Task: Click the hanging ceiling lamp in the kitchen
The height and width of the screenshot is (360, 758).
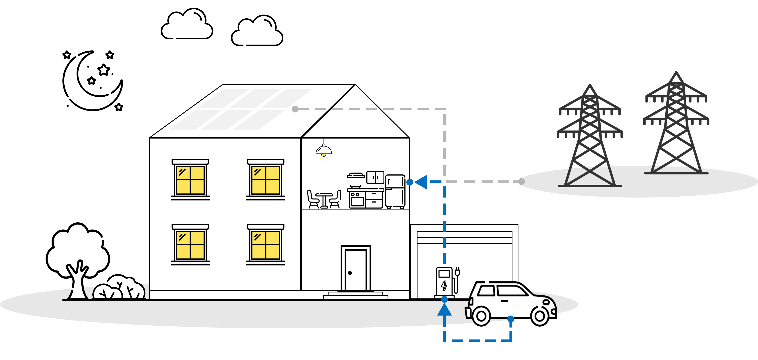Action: [324, 150]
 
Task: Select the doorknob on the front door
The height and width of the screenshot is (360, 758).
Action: [350, 273]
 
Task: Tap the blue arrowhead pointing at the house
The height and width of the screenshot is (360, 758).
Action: [421, 182]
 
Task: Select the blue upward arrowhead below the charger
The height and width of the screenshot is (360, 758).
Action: [444, 310]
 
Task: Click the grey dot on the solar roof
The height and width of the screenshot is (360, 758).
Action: [295, 109]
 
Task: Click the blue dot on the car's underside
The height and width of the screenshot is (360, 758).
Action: [511, 319]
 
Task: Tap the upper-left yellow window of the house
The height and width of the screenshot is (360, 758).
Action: [190, 180]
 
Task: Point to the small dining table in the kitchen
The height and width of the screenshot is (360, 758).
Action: [324, 199]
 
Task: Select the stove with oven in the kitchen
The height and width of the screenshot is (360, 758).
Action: [357, 199]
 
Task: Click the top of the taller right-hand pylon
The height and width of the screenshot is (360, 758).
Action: [676, 74]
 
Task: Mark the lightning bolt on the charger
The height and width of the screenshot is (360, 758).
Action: [444, 286]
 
